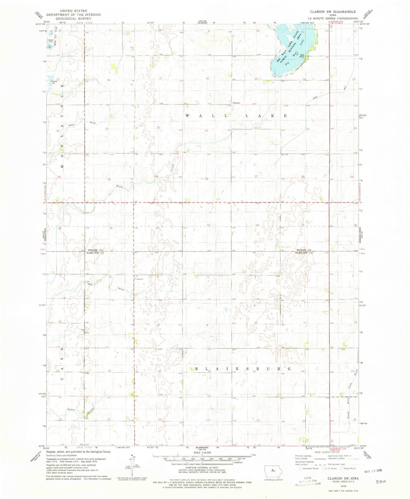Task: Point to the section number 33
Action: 208,225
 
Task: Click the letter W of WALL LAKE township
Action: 188,116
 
